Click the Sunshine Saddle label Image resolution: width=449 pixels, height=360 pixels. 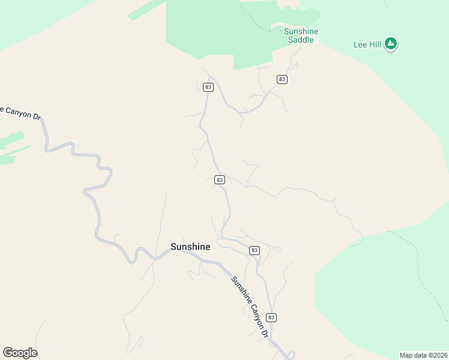(301, 35)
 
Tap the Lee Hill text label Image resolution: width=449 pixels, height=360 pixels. (368, 44)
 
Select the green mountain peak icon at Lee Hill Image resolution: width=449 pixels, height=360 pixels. (391, 43)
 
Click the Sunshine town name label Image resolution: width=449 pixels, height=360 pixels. (190, 247)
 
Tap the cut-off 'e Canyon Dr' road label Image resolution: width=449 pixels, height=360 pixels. (19, 113)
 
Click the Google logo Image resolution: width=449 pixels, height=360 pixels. (20, 353)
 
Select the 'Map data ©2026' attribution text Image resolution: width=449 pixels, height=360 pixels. (423, 355)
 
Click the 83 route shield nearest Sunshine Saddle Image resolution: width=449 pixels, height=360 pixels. (282, 79)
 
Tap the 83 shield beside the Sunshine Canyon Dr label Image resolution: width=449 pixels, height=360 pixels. (271, 317)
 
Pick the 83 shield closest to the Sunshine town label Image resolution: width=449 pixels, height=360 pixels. (255, 250)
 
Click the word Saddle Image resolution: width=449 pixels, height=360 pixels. (301, 40)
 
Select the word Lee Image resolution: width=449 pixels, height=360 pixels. (360, 44)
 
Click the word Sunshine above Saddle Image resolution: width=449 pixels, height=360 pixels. (301, 31)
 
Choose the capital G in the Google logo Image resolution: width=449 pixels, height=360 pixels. (8, 352)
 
